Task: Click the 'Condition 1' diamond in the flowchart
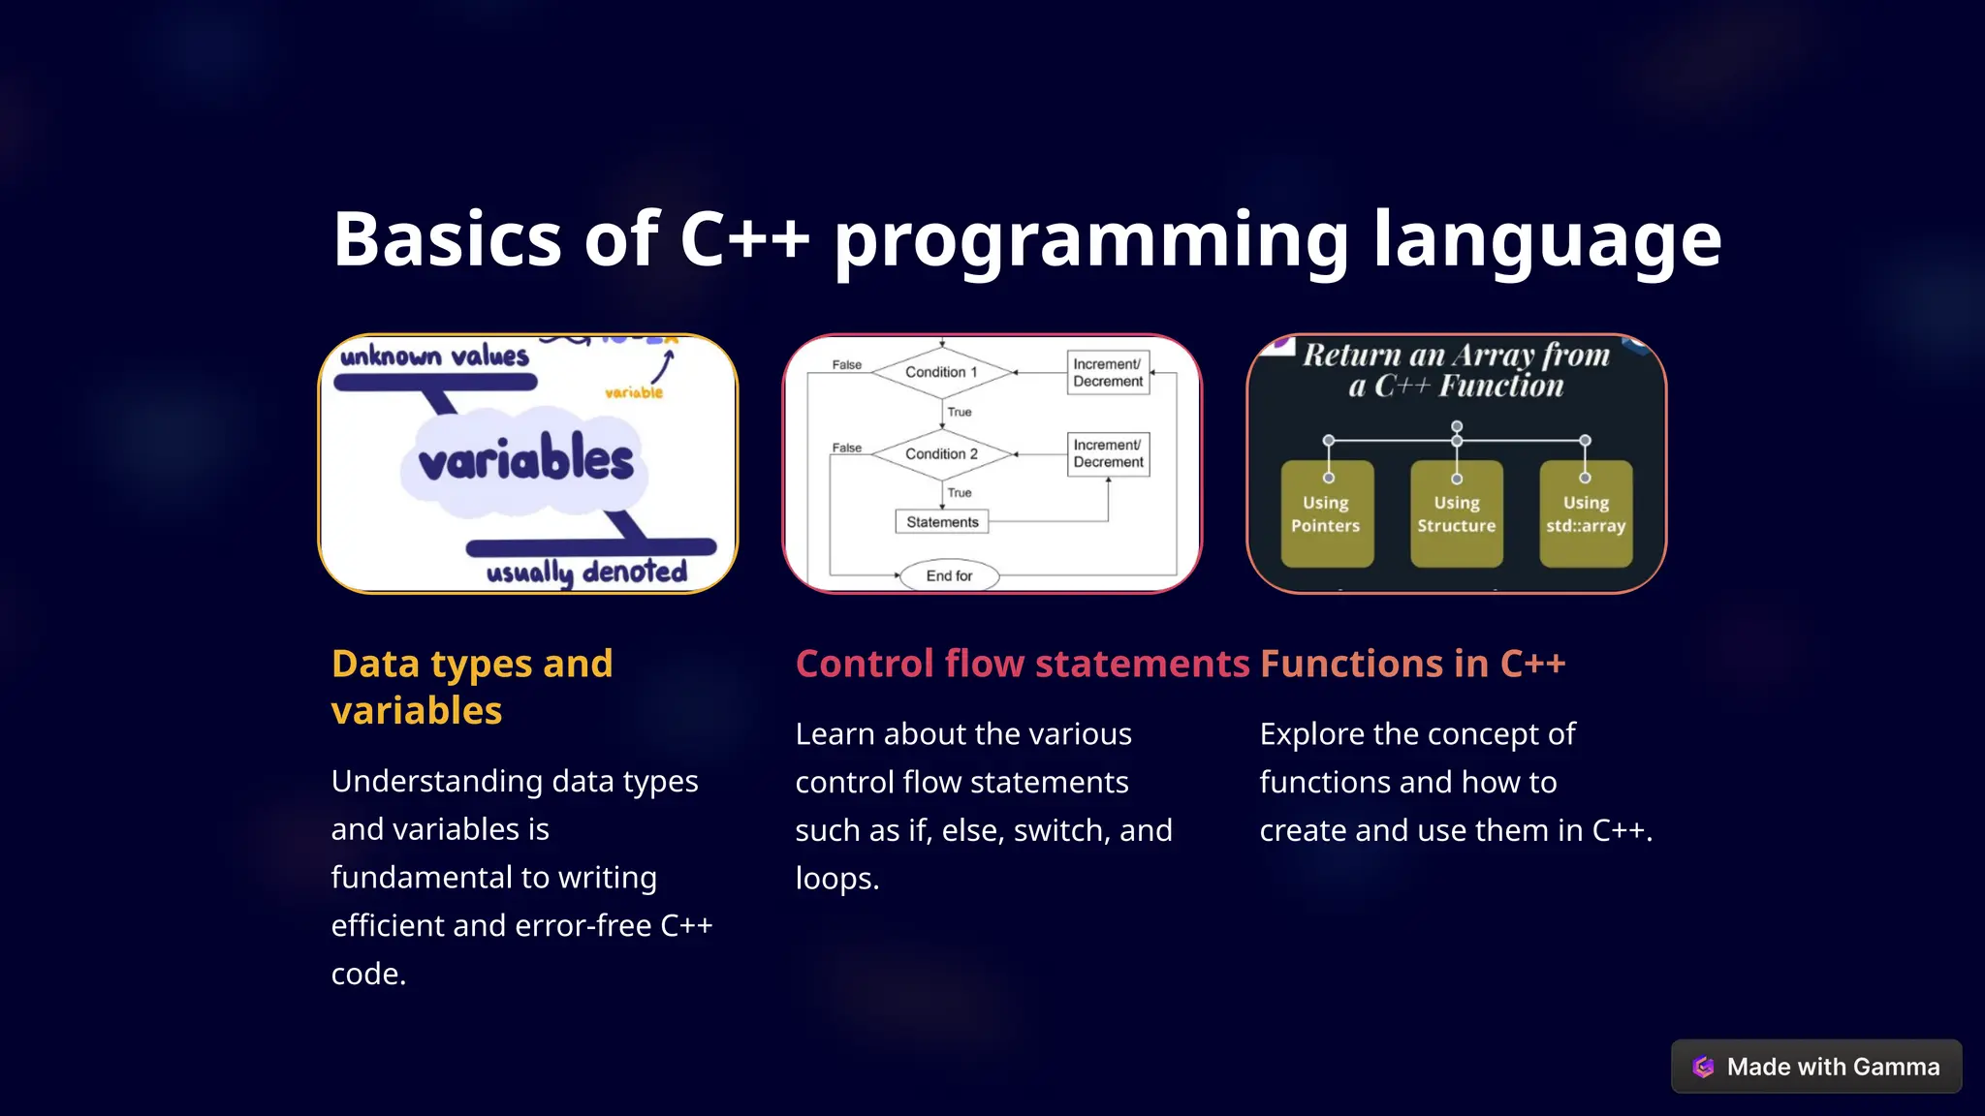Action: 941,372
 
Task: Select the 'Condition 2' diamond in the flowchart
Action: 941,453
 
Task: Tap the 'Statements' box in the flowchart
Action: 942,522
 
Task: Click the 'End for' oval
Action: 949,575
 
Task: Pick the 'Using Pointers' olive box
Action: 1326,514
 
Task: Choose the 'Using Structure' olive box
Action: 1456,514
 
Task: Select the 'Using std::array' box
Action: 1585,514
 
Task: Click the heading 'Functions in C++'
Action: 1412,664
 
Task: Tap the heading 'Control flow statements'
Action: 1023,664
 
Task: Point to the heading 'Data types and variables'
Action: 472,687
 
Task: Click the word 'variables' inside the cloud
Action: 526,459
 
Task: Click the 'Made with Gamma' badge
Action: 1816,1067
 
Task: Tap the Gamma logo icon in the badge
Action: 1703,1067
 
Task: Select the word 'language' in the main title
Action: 1547,239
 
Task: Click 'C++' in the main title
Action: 744,239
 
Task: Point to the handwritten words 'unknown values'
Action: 434,356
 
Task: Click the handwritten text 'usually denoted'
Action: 586,572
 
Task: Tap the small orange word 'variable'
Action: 634,392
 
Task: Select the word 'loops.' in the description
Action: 837,879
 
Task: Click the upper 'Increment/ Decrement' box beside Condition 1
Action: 1108,373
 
